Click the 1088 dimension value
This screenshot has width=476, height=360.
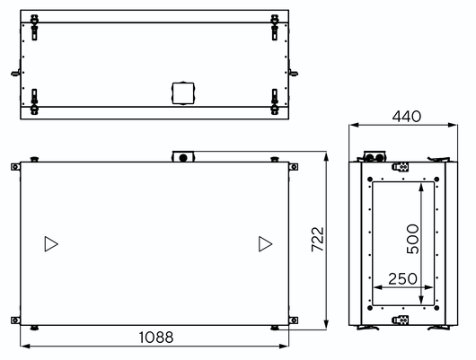pyautogui.click(x=156, y=338)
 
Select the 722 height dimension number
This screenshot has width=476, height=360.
pyautogui.click(x=318, y=239)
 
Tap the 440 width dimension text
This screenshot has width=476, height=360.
pyautogui.click(x=407, y=116)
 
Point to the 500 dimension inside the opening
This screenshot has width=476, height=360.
pyautogui.click(x=412, y=239)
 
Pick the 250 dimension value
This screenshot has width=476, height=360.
pyautogui.click(x=402, y=278)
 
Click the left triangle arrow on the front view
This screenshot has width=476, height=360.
pyautogui.click(x=51, y=244)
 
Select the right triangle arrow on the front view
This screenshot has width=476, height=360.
pyautogui.click(x=265, y=244)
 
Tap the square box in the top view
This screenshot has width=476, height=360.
pyautogui.click(x=183, y=93)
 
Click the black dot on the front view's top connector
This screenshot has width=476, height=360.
pyautogui.click(x=183, y=158)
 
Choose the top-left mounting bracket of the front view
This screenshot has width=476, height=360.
pyautogui.click(x=15, y=167)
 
